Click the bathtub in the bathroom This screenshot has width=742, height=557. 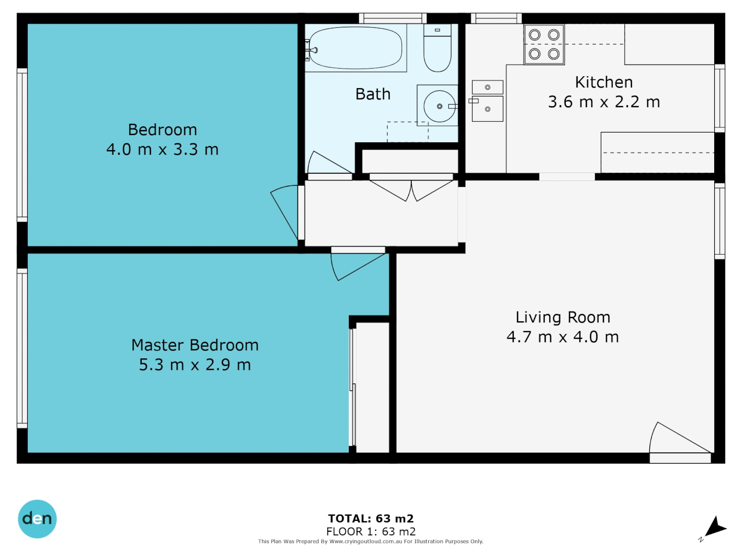tap(356, 48)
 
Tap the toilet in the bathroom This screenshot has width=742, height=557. tap(437, 49)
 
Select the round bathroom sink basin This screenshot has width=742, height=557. tap(439, 106)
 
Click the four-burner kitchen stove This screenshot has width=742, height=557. tap(544, 44)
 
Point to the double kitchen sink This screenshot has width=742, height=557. tap(487, 101)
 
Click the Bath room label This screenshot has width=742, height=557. tap(373, 94)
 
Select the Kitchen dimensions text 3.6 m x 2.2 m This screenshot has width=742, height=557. tap(603, 102)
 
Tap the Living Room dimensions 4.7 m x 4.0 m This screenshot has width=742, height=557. tap(562, 337)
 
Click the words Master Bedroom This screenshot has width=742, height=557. tap(195, 345)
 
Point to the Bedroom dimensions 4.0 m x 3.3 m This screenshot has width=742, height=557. tap(162, 150)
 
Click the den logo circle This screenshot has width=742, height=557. tap(37, 519)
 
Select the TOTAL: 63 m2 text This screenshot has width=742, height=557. tap(370, 519)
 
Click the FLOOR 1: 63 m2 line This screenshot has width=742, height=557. tap(370, 531)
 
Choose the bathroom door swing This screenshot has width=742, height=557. tap(327, 163)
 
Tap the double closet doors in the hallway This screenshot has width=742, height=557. tap(411, 189)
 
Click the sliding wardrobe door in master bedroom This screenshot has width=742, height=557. tap(353, 387)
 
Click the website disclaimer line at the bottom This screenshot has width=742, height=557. tap(370, 542)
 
